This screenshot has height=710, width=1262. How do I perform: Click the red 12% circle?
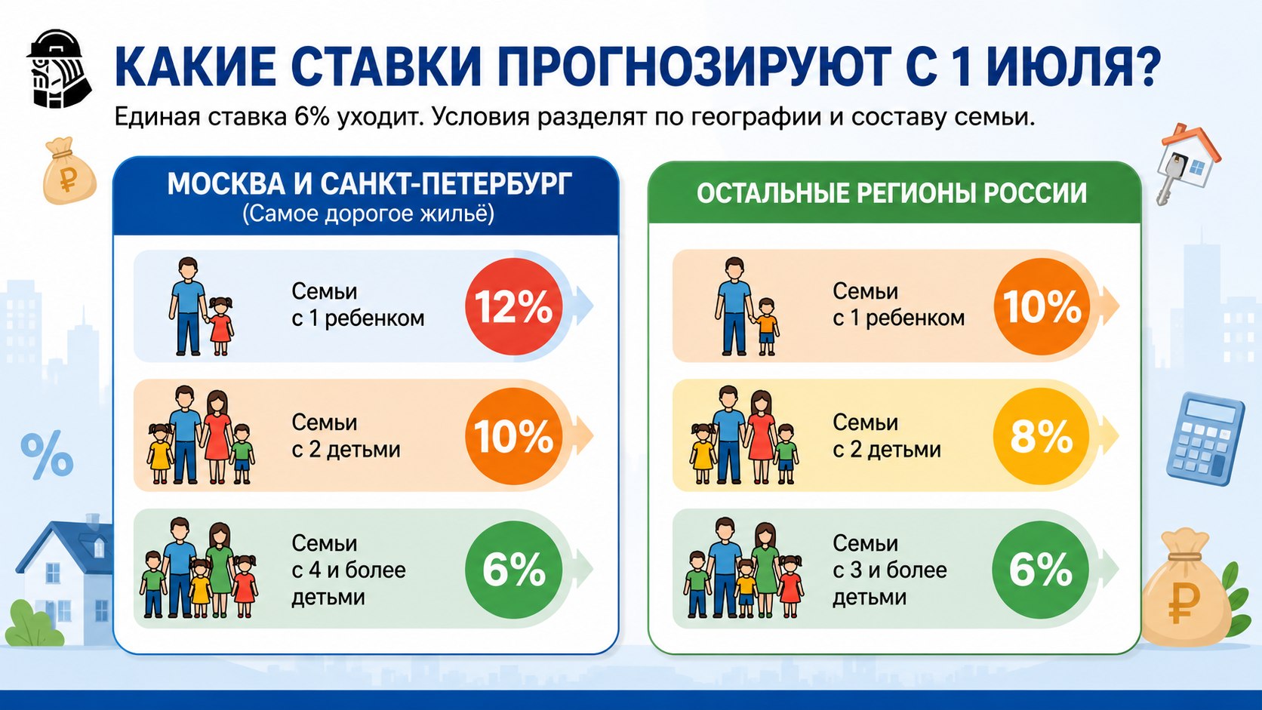point(513,306)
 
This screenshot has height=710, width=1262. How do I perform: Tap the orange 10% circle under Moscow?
point(513,436)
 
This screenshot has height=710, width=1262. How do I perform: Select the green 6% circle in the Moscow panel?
point(513,569)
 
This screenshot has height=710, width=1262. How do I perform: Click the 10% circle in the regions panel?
point(1041,306)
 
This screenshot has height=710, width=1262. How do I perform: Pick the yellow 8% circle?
point(1041,436)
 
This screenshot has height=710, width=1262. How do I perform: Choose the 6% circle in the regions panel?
point(1040,569)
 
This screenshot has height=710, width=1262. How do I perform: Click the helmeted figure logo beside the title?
point(58,69)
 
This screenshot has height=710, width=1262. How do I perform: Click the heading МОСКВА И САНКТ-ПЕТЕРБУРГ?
point(370,184)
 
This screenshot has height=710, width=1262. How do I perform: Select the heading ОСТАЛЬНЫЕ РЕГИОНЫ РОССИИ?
point(892,193)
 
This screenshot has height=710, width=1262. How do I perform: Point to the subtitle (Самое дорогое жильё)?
point(368,214)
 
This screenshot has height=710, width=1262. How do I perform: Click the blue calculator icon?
point(1205,438)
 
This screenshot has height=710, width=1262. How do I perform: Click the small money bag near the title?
point(69,170)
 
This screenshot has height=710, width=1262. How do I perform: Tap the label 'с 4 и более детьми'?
point(348,584)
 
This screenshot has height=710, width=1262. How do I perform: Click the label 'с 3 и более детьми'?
point(890,584)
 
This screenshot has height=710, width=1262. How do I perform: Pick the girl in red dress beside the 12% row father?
point(220,326)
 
